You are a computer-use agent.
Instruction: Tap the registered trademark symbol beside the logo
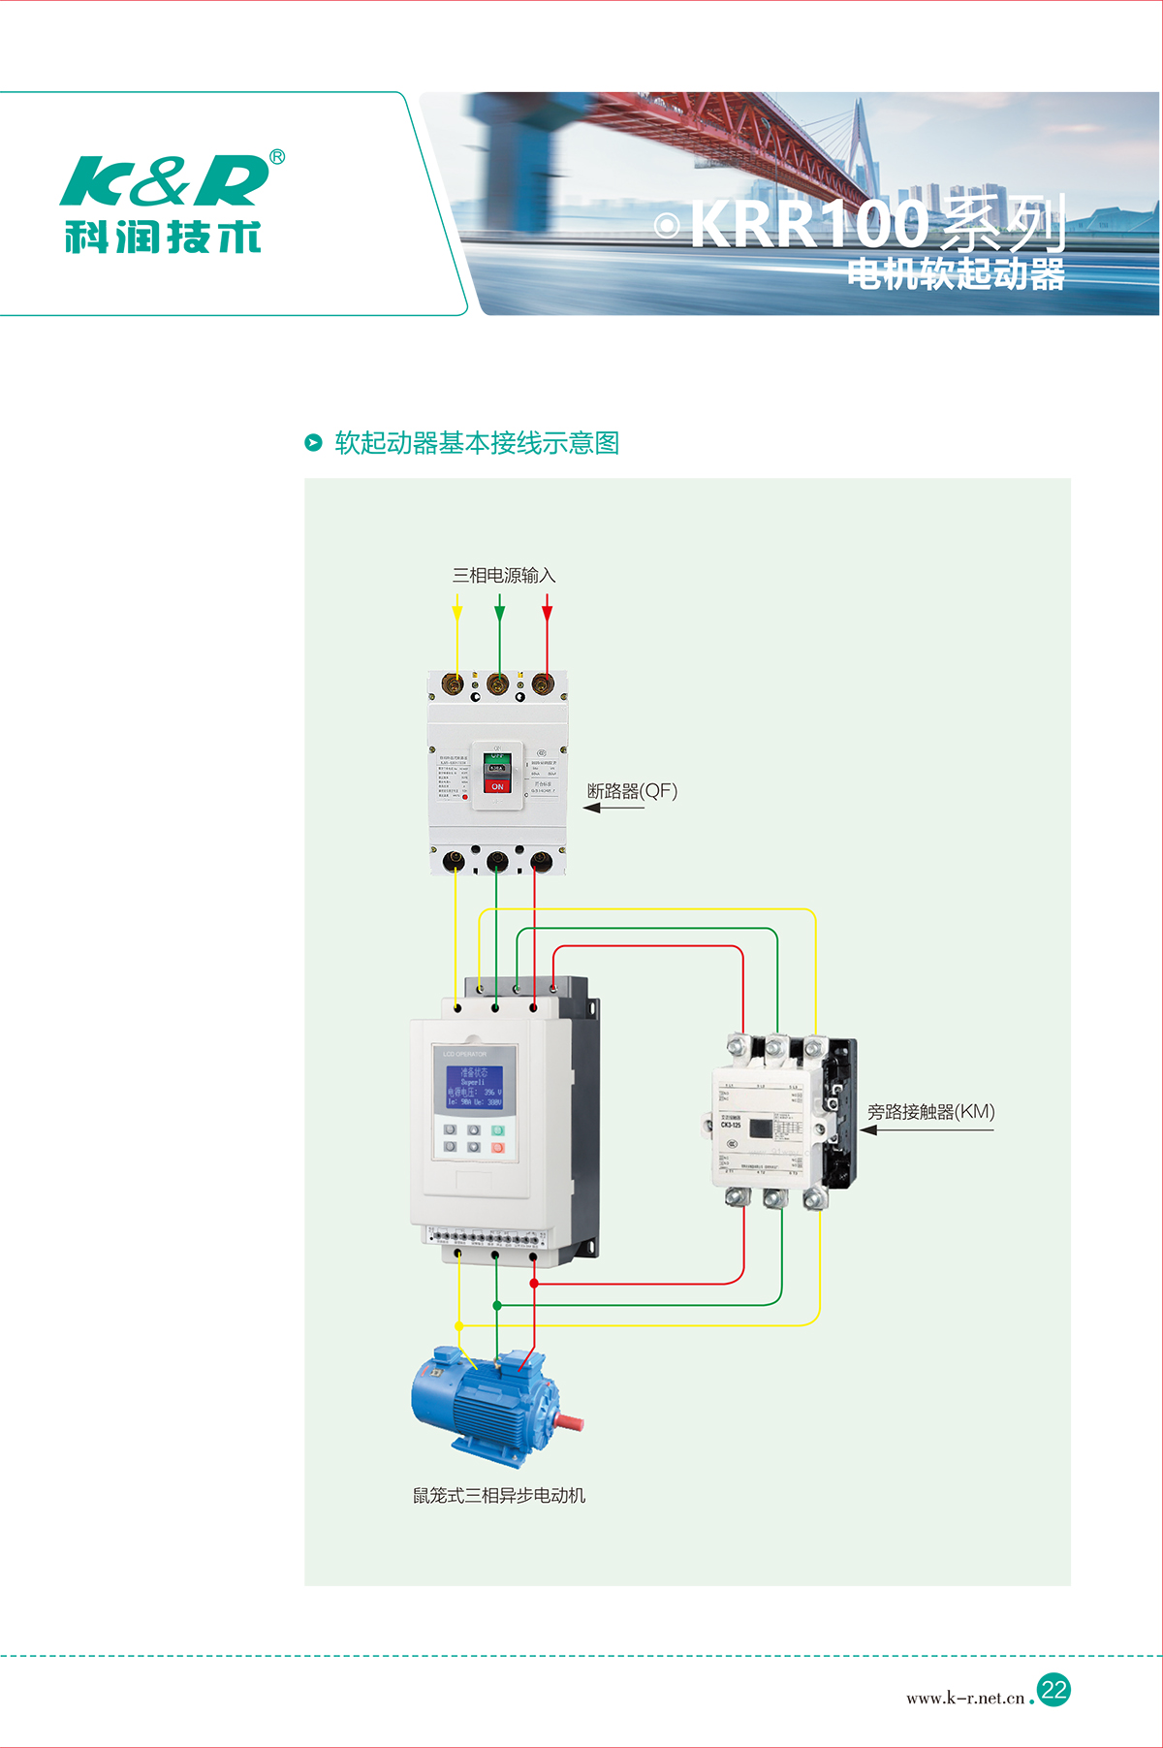click(277, 157)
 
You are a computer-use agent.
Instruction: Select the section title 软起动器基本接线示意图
click(477, 443)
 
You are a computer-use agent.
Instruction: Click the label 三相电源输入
click(504, 576)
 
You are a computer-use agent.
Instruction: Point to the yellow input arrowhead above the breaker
click(457, 614)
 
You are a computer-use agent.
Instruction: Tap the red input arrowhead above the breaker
click(548, 614)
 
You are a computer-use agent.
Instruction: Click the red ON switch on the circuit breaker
click(497, 786)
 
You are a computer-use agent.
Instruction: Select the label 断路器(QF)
click(632, 791)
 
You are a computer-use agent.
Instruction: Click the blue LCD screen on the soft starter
click(474, 1088)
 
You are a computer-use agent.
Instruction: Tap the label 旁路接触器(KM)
click(930, 1112)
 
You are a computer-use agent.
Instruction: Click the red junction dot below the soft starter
click(534, 1284)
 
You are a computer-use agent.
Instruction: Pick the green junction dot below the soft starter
click(497, 1306)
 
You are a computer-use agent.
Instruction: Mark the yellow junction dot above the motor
click(459, 1325)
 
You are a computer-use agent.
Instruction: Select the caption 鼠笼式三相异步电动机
click(499, 1496)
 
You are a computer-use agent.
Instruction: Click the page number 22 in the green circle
click(1053, 1690)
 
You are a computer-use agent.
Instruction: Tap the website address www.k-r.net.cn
click(965, 1698)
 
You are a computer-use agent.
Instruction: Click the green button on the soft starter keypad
click(498, 1130)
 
